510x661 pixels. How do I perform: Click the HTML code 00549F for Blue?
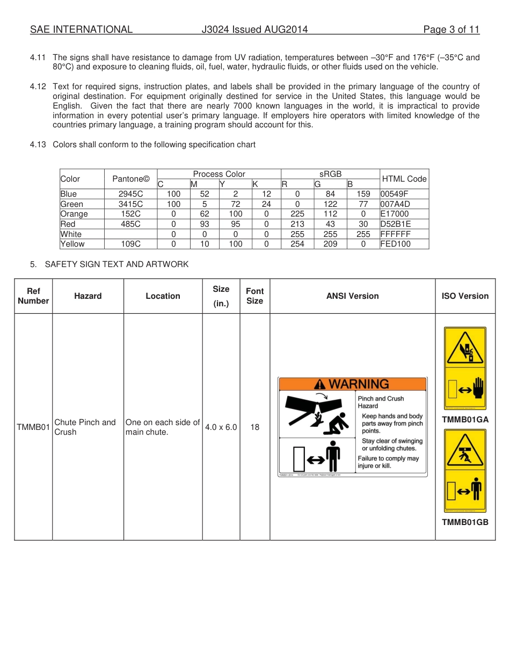[394, 194]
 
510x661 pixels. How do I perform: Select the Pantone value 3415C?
[130, 204]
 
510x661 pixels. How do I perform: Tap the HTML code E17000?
[394, 214]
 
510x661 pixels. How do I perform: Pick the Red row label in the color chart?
[68, 224]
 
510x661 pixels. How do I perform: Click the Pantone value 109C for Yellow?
[130, 244]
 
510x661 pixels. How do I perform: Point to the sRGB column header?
[330, 174]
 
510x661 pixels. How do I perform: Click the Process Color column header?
[219, 174]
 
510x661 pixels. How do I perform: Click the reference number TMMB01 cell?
[33, 427]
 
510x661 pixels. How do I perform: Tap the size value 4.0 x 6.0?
[221, 427]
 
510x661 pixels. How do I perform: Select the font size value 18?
[254, 427]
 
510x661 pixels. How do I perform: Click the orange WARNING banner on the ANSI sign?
[352, 384]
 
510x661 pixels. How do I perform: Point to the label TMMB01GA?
[465, 420]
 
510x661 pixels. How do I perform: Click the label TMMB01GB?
[465, 522]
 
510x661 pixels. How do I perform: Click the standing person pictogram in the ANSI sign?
[333, 457]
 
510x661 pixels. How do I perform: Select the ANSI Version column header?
[352, 296]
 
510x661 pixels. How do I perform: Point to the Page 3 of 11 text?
[451, 30]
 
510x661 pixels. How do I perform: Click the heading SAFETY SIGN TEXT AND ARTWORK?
[116, 264]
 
